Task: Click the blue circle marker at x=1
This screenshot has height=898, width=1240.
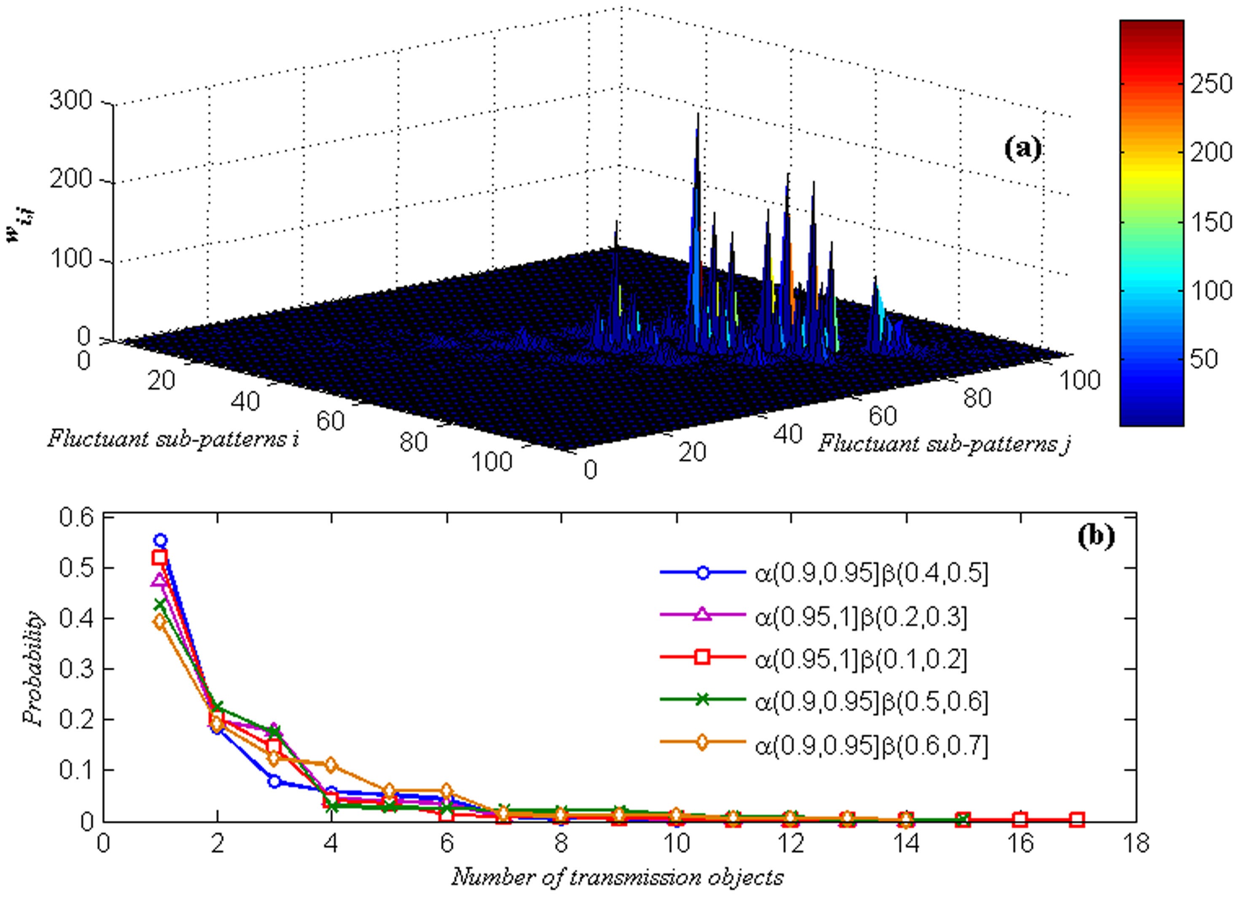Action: (x=160, y=540)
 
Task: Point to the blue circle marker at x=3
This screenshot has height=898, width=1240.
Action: (x=274, y=782)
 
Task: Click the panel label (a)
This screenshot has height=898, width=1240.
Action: (x=1023, y=149)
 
